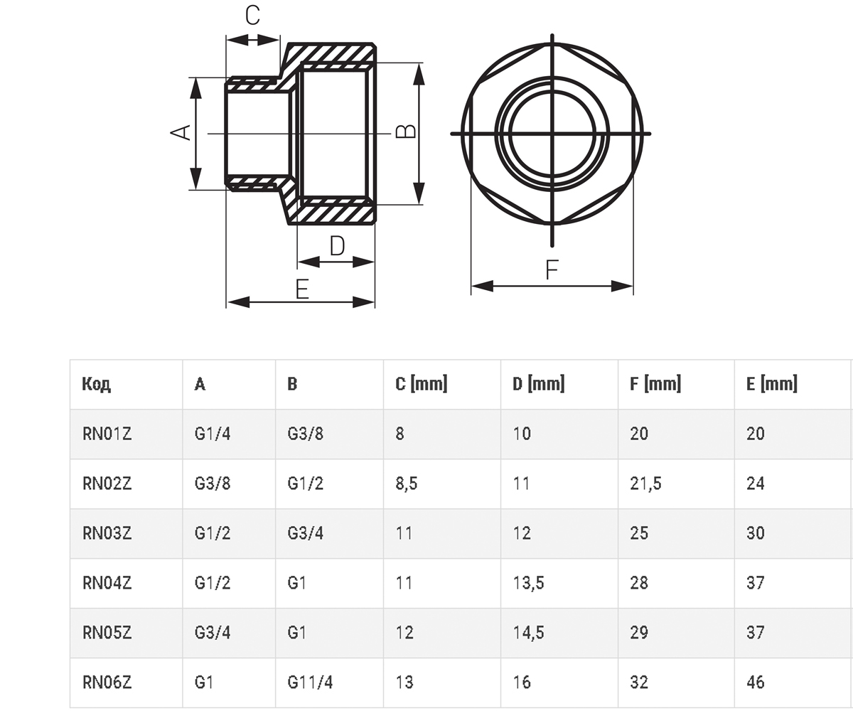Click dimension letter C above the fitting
pyautogui.click(x=252, y=16)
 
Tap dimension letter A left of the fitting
pyautogui.click(x=181, y=132)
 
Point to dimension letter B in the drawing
pyautogui.click(x=406, y=131)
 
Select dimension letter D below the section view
pyautogui.click(x=338, y=246)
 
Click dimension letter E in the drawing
pyautogui.click(x=302, y=289)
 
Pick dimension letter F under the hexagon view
pyautogui.click(x=552, y=269)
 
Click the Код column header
pyautogui.click(x=97, y=384)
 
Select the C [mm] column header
pyautogui.click(x=422, y=384)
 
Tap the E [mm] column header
pyautogui.click(x=772, y=384)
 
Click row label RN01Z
pyautogui.click(x=107, y=434)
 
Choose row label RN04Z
pyautogui.click(x=107, y=583)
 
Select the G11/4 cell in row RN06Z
pyautogui.click(x=310, y=683)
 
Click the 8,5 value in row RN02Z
pyautogui.click(x=407, y=483)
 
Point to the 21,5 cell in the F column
pyautogui.click(x=645, y=483)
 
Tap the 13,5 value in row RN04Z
pyautogui.click(x=529, y=583)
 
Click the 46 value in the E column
pyautogui.click(x=756, y=683)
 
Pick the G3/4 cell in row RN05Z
pyautogui.click(x=213, y=633)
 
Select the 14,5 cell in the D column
pyautogui.click(x=529, y=633)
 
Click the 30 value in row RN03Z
pyautogui.click(x=756, y=533)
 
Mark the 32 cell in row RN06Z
pyautogui.click(x=639, y=683)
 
